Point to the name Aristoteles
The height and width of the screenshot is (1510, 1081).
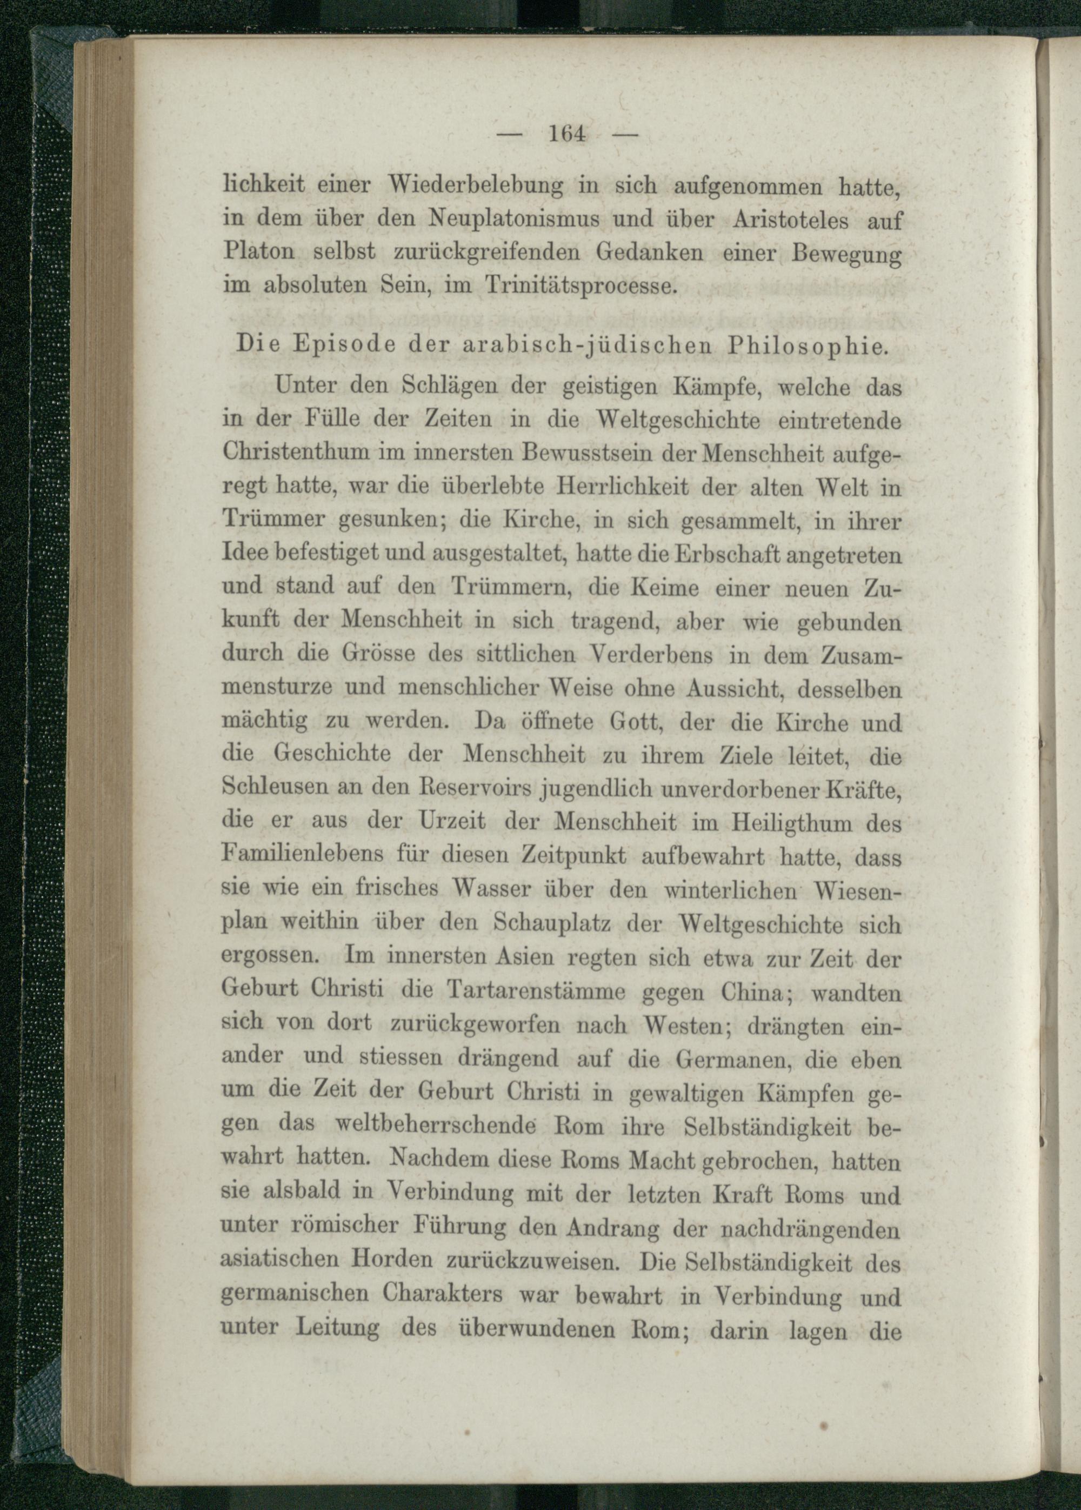(x=791, y=219)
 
